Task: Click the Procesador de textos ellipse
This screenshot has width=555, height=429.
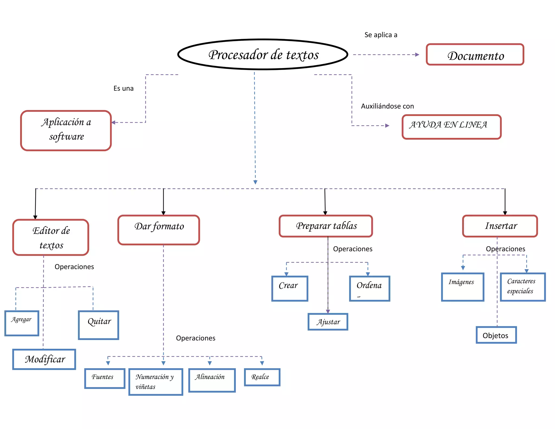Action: coord(263,55)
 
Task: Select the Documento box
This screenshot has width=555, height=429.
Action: coord(475,55)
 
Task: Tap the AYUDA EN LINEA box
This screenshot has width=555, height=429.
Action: coord(451,127)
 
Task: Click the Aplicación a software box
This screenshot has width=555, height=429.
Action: coord(66,130)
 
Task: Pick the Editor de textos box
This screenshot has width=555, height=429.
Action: coord(51,238)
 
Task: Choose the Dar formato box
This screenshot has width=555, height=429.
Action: coord(159,230)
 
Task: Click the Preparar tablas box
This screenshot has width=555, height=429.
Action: coord(326,226)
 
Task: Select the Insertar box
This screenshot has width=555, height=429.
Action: coord(500,226)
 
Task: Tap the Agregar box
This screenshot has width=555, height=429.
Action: coord(22,323)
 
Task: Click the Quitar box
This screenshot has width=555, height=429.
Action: coord(99,325)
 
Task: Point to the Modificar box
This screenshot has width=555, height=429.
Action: coord(44,359)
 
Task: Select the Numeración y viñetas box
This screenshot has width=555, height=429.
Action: coord(156,382)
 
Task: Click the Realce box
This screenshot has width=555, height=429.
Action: coord(262,377)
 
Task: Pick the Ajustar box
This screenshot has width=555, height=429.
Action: coord(328,322)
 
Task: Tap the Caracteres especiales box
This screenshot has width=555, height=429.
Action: coord(523,287)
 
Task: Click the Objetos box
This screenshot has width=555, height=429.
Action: coord(496,335)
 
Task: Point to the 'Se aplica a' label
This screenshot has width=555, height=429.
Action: coord(381,35)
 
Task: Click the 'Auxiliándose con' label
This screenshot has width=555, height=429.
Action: coord(387,106)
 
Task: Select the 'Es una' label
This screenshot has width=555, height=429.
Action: coord(124,88)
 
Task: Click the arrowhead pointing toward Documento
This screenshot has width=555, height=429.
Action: coord(417,55)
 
